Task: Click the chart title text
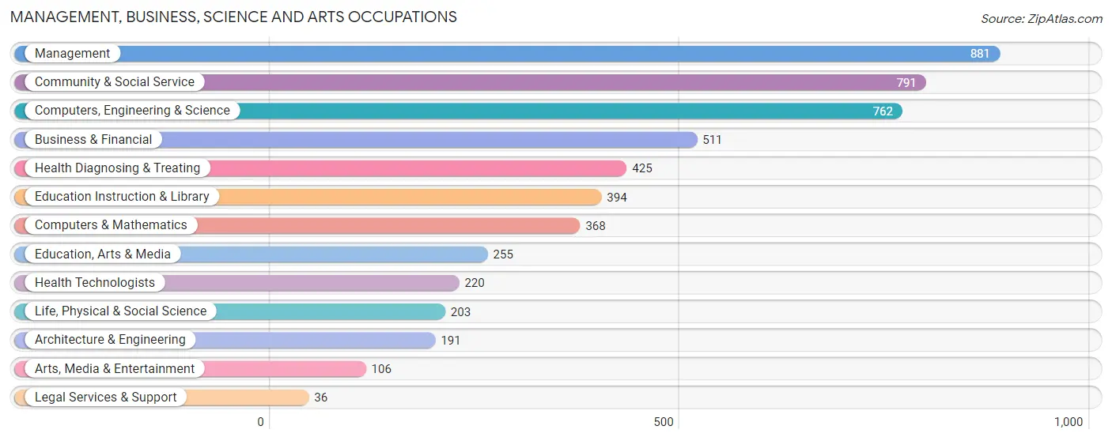click(x=233, y=17)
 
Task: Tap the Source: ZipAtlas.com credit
click(x=1042, y=19)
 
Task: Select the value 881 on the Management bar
click(x=979, y=54)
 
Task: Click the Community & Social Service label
click(x=115, y=82)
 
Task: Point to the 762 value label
click(x=883, y=111)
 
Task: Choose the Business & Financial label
click(x=93, y=139)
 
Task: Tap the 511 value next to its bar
click(x=712, y=140)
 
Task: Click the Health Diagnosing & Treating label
click(x=117, y=168)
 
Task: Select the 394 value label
click(x=617, y=198)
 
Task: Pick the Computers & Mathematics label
click(x=111, y=225)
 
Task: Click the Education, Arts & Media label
click(x=103, y=254)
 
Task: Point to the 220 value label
click(x=474, y=283)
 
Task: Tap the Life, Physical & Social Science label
click(x=121, y=311)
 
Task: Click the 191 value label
click(x=450, y=341)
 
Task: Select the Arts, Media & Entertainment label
click(x=115, y=368)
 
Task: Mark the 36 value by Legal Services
click(x=320, y=398)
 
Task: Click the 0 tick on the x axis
click(x=260, y=422)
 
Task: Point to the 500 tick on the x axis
click(x=664, y=422)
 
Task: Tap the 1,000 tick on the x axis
click(x=1069, y=422)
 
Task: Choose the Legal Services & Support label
click(x=106, y=398)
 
